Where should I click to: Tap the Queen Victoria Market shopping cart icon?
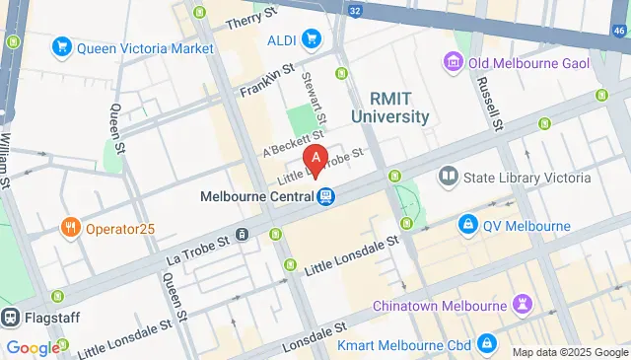(x=62, y=46)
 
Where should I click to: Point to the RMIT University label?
(x=399, y=108)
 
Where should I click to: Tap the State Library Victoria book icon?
(x=449, y=178)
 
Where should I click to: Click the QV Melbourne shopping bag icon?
(x=468, y=226)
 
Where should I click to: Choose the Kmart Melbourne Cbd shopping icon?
(x=485, y=343)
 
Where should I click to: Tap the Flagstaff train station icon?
(x=12, y=318)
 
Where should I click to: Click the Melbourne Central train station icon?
(x=324, y=196)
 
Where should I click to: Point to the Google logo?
(x=32, y=347)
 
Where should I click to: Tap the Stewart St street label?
(x=313, y=88)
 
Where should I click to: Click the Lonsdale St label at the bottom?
(x=314, y=335)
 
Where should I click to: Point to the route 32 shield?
(x=355, y=10)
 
